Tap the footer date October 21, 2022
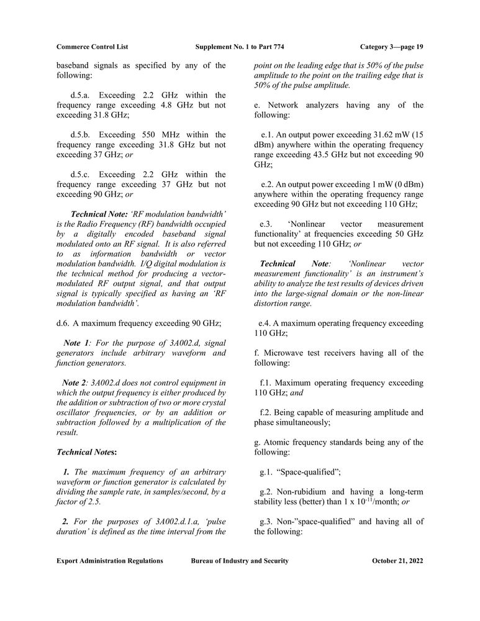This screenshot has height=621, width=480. point(397,561)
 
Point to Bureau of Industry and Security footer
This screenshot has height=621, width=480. point(240,561)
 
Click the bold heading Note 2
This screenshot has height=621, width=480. point(75,383)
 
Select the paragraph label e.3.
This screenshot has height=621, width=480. point(267,224)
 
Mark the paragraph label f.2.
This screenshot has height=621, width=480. point(266,412)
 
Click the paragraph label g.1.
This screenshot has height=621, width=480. point(267,472)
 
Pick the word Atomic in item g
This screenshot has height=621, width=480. point(276,442)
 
